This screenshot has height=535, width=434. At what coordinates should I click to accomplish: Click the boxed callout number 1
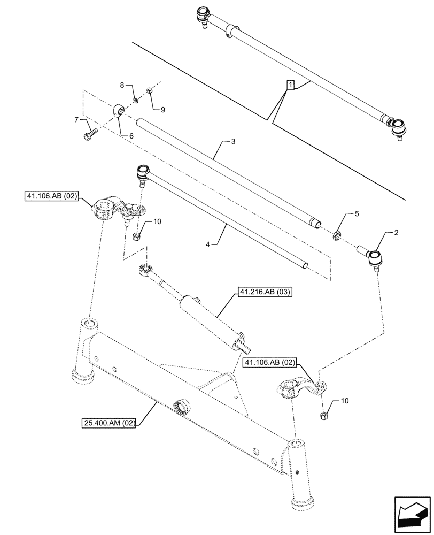(290, 85)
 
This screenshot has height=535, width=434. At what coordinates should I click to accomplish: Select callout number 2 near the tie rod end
(396, 233)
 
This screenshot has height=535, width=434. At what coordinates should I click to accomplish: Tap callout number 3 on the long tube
(233, 142)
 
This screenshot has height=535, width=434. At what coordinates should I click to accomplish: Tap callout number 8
(122, 85)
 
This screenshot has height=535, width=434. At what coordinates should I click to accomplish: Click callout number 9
(162, 110)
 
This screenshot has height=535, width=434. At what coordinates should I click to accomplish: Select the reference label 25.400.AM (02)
(110, 423)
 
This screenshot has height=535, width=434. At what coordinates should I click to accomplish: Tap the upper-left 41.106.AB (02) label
(51, 197)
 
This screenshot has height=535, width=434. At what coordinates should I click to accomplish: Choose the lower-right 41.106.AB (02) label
(270, 363)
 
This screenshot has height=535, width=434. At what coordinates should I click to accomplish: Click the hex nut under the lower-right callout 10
(323, 416)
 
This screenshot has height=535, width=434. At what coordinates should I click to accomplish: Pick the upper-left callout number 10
(157, 221)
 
